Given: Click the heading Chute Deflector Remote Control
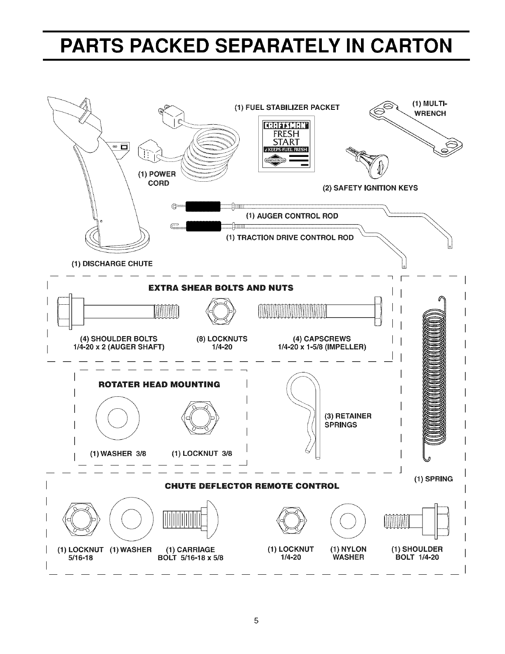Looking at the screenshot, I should pos(252,486).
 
